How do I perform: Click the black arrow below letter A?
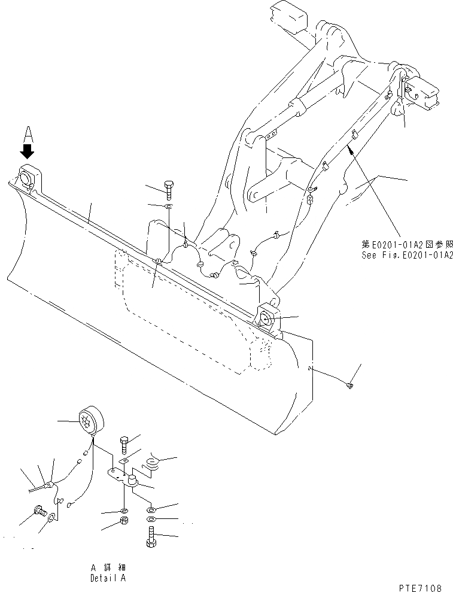click(x=28, y=150)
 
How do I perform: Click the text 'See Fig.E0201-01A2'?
click(x=407, y=254)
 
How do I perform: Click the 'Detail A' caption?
click(x=108, y=578)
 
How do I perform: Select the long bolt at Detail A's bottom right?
click(x=150, y=536)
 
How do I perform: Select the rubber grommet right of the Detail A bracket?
click(x=154, y=463)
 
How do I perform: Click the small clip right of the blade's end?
click(x=350, y=387)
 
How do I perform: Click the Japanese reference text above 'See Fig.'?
click(x=407, y=244)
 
